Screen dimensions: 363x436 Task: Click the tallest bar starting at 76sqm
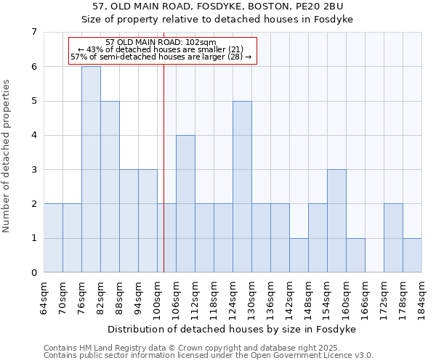(91, 169)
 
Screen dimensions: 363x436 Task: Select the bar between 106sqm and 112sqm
(185, 204)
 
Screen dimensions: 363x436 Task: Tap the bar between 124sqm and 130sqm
(242, 187)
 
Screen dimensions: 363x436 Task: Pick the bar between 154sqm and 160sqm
(336, 221)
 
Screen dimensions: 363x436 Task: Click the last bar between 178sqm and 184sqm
(412, 256)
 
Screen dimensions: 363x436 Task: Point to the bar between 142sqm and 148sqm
(299, 256)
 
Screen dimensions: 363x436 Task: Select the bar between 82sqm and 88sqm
(110, 187)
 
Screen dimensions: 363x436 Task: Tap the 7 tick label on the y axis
(33, 32)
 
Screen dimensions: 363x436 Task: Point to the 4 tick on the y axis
(33, 135)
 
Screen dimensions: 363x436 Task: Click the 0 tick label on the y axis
(33, 273)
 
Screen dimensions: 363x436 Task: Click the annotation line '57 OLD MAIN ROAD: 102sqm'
(161, 42)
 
